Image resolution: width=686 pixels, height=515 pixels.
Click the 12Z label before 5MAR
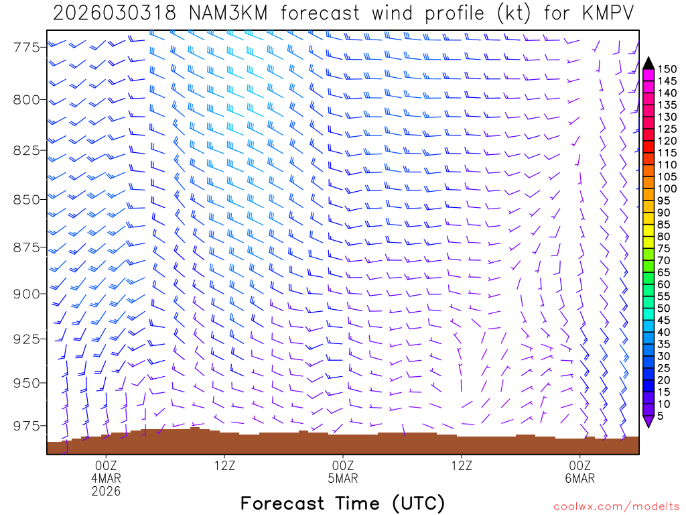pos(224,465)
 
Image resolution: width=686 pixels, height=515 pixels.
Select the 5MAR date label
pos(343,478)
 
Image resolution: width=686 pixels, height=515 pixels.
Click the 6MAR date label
pos(579,478)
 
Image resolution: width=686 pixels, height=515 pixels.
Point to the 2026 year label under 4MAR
pos(106,492)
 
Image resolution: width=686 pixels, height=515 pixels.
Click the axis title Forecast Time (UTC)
pos(342,503)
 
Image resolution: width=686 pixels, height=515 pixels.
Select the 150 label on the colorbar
pos(667,68)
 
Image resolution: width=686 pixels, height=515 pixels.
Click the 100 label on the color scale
pos(667,188)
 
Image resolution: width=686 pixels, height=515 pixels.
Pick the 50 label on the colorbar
pos(665,308)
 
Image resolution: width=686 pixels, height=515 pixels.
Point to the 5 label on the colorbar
pos(662,416)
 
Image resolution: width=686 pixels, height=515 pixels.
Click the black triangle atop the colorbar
pos(648,63)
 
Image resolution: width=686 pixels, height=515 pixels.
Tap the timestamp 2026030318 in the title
pos(115,13)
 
